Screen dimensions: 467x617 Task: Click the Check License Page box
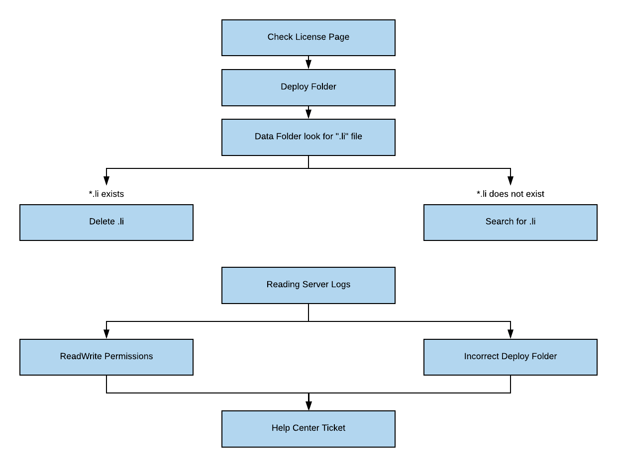308,38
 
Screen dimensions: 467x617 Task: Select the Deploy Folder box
308,87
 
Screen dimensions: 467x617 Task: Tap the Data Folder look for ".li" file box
308,137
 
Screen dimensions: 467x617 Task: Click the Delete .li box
106,223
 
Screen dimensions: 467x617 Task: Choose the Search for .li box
510,223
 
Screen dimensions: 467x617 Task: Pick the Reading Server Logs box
308,285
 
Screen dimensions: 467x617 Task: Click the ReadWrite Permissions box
106,357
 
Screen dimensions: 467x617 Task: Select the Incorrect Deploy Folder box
510,357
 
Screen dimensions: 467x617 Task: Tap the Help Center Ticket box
308,429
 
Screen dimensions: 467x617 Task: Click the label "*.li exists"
106,194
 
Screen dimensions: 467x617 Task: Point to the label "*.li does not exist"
510,194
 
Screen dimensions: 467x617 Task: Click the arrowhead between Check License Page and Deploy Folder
308,65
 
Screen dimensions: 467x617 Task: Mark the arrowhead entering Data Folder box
308,114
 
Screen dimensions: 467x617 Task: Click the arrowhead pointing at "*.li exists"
106,181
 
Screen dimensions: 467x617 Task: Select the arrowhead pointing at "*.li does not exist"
511,181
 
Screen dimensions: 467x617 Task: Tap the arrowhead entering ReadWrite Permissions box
106,334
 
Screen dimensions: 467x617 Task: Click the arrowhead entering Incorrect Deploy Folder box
511,334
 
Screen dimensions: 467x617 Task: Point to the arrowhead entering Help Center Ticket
308,406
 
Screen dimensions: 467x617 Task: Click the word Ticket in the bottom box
333,428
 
